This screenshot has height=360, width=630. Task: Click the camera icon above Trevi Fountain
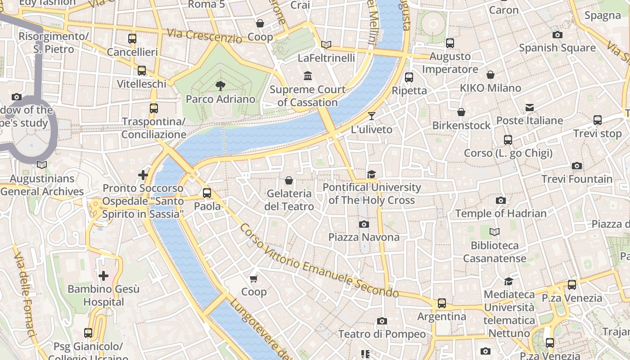coord(577,166)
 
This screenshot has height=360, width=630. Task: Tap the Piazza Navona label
coord(364,237)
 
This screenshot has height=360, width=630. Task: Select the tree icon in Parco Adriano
coord(220,85)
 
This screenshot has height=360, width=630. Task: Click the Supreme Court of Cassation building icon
coord(308,76)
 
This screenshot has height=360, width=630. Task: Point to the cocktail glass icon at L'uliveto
coord(371,116)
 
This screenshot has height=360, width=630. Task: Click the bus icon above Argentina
coord(442,303)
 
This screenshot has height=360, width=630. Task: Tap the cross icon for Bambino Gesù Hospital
coord(103,275)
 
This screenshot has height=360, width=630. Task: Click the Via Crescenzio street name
coord(204,36)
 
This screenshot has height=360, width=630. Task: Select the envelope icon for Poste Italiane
coord(530,108)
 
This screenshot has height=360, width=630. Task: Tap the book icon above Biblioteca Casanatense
coord(495,232)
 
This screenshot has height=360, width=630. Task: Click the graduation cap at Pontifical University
coord(371,175)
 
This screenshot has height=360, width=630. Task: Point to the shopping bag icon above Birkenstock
coord(461,112)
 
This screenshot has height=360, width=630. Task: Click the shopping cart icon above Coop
coord(254,279)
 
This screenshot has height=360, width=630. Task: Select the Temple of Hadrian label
coord(501,213)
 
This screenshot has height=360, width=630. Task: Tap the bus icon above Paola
coord(207,193)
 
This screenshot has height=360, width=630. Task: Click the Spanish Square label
coord(557,48)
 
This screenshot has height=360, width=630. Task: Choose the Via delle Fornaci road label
coord(24,295)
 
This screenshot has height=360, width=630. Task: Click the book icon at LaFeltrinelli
coord(326,45)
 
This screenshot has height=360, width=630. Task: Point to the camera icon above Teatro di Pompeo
coord(382,321)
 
